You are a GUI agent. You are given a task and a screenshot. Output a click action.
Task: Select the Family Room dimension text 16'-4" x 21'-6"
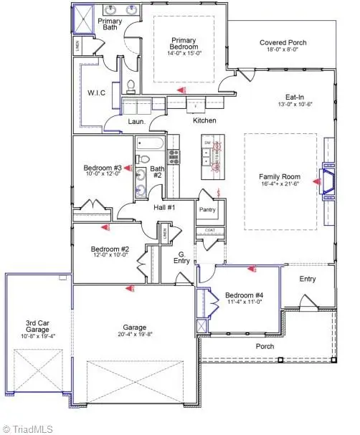[280, 184]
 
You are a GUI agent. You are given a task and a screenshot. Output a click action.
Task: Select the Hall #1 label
[165, 207]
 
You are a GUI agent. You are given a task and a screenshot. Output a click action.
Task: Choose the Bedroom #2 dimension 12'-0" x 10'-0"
[108, 254]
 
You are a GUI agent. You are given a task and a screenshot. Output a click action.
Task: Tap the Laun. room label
[136, 122]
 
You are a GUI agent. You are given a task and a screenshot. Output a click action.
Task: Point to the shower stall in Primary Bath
[82, 18]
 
